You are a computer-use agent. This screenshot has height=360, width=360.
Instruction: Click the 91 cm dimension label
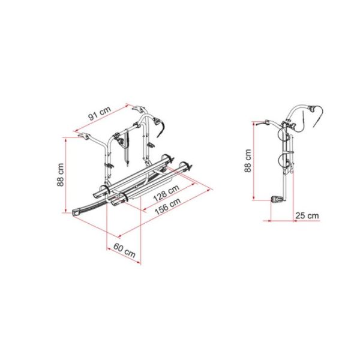tap(100, 113)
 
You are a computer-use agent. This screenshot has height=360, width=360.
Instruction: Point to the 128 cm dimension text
tap(166, 193)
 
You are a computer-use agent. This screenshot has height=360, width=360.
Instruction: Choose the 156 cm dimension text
tap(168, 206)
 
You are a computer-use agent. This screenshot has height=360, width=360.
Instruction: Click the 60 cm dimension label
tap(124, 251)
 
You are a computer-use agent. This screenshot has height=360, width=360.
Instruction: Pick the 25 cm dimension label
tap(307, 215)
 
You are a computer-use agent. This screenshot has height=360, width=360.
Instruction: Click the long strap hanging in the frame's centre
tap(127, 147)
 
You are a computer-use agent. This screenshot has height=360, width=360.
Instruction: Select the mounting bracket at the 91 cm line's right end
tap(139, 109)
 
